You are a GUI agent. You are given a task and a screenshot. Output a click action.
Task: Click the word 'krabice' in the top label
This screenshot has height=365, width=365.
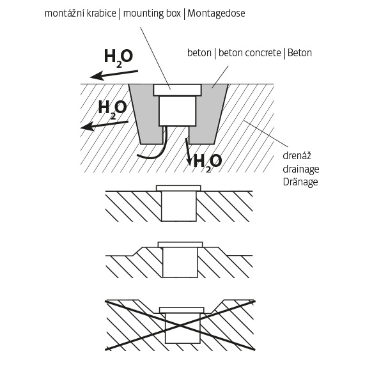click(x=101, y=13)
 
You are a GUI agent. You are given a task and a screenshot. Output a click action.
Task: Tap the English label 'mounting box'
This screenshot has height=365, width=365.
click(x=151, y=13)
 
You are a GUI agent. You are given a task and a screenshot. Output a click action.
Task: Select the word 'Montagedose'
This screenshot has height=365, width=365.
click(x=216, y=13)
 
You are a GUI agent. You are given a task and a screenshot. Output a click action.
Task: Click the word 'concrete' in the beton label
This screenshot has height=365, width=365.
click(x=265, y=53)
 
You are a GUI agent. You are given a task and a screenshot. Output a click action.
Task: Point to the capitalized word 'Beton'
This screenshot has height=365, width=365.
click(x=300, y=53)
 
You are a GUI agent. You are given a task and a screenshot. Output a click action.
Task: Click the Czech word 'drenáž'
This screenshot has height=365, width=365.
click(x=297, y=155)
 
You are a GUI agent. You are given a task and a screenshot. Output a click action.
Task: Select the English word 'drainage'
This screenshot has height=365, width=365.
click(x=300, y=169)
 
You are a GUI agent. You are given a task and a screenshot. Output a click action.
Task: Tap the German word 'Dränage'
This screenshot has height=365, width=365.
click(x=300, y=182)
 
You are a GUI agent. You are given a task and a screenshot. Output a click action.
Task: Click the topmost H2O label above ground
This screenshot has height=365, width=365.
click(x=118, y=58)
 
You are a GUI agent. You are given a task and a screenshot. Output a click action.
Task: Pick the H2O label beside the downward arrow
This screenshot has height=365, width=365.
click(x=208, y=162)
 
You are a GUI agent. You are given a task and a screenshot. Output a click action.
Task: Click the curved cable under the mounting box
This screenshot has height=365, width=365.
click(x=157, y=149)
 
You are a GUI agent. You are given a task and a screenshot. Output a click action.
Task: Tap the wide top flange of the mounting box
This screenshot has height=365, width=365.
click(x=177, y=90)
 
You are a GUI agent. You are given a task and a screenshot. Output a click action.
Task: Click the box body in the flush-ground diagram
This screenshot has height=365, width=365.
click(x=179, y=206)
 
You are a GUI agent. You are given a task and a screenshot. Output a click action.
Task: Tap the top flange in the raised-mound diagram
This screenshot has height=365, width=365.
click(x=180, y=244)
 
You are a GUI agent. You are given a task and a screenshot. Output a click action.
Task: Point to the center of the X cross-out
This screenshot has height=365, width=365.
click(x=180, y=325)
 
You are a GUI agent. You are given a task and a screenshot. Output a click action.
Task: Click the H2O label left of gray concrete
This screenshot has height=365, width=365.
click(x=113, y=109)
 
